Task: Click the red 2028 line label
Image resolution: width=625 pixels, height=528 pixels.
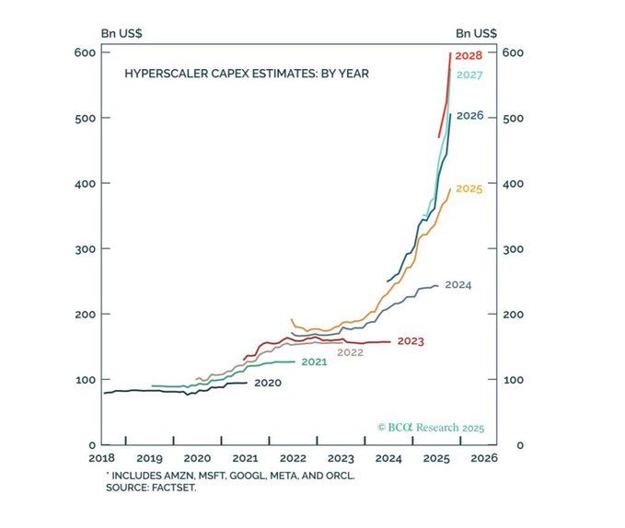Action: [469, 56]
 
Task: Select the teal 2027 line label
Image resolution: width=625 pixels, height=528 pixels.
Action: [469, 75]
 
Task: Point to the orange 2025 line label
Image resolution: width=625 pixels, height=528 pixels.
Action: [469, 189]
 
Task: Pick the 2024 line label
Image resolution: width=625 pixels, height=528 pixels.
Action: [457, 285]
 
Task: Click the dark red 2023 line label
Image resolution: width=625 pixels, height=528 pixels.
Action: [411, 341]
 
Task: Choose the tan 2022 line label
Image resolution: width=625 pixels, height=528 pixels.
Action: [350, 352]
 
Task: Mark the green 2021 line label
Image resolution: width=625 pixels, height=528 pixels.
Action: [314, 362]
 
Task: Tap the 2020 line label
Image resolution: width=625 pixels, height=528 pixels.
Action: [267, 382]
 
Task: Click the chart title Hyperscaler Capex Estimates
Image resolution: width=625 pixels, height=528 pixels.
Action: [247, 73]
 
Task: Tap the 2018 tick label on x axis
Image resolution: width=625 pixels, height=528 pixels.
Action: [102, 457]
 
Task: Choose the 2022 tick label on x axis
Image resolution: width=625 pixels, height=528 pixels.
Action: [293, 457]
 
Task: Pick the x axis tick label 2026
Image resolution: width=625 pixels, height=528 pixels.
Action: [484, 457]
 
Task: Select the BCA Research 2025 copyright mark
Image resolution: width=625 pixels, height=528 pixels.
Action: [430, 428]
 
